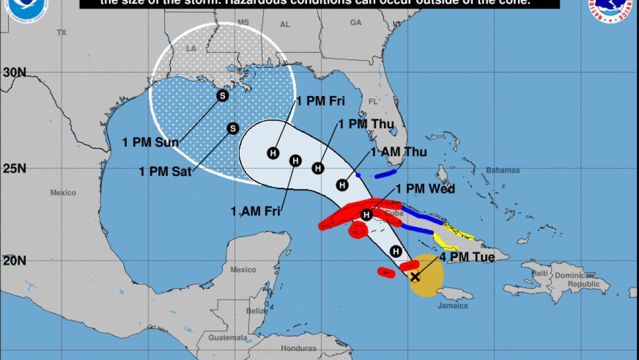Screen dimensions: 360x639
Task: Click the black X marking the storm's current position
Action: click(x=415, y=276)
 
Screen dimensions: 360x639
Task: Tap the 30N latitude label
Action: click(x=14, y=72)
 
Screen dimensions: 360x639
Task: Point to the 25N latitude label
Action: click(x=14, y=169)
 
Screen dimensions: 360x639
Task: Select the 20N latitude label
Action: click(x=14, y=261)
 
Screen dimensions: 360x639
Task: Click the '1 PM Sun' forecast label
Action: click(x=150, y=142)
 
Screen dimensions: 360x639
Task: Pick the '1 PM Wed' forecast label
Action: click(x=425, y=189)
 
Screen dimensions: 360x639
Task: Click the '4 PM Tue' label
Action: click(x=467, y=257)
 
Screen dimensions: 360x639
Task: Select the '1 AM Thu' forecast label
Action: click(x=399, y=152)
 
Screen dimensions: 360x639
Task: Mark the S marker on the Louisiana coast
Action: click(x=222, y=95)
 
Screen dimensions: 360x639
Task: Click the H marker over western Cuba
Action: click(x=366, y=214)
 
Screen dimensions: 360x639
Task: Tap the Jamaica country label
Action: click(x=453, y=306)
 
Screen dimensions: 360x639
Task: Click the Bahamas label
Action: click(x=502, y=171)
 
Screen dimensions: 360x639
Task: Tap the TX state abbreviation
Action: click(x=61, y=33)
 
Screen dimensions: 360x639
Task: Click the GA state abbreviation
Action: click(x=356, y=22)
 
